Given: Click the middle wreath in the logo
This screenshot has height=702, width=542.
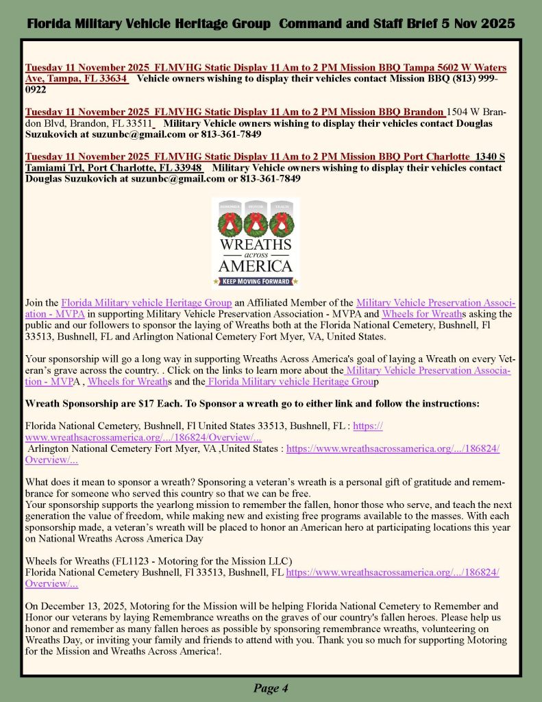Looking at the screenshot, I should [x=256, y=222].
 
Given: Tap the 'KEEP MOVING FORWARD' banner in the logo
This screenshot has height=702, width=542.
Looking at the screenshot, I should [x=256, y=280].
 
